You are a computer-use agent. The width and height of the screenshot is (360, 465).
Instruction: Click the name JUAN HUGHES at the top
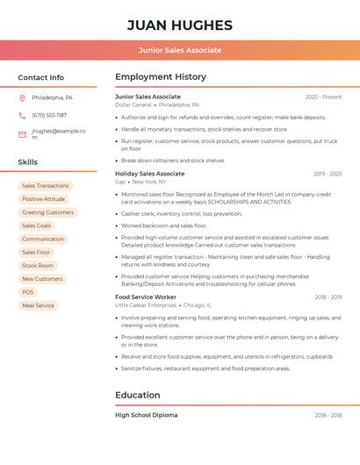click(x=180, y=25)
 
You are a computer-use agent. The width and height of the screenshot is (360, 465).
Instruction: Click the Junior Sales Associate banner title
click(x=180, y=50)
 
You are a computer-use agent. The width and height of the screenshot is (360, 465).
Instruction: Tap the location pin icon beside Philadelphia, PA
click(x=22, y=97)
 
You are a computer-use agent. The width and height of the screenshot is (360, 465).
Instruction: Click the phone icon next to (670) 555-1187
click(x=22, y=115)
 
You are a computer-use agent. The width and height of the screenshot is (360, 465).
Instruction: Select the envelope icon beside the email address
click(x=22, y=134)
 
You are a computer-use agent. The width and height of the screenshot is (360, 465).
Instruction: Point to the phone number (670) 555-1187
click(x=49, y=115)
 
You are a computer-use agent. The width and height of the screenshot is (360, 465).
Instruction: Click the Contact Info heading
click(x=40, y=77)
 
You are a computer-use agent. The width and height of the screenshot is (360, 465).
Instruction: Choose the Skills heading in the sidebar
click(x=27, y=162)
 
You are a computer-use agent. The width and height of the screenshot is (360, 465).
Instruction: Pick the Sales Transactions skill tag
click(x=45, y=186)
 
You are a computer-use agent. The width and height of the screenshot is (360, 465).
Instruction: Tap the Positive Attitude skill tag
click(x=44, y=199)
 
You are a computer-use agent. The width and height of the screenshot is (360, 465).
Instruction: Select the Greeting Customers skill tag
click(x=47, y=212)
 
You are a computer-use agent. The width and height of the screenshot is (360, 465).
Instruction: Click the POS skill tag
click(x=28, y=292)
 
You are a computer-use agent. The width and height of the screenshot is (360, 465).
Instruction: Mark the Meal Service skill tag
click(x=38, y=305)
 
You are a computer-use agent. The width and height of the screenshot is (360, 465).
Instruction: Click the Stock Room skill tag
click(x=38, y=266)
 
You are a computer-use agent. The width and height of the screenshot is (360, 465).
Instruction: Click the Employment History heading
click(x=161, y=77)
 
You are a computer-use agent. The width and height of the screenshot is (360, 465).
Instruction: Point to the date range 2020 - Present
click(x=323, y=97)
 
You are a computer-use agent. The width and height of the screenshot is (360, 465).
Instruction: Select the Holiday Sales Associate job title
click(x=149, y=174)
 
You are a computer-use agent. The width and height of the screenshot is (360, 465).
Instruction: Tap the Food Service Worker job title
click(x=146, y=297)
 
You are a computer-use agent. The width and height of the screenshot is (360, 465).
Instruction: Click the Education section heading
click(x=138, y=395)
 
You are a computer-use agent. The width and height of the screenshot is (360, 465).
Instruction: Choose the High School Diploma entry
click(x=146, y=415)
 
